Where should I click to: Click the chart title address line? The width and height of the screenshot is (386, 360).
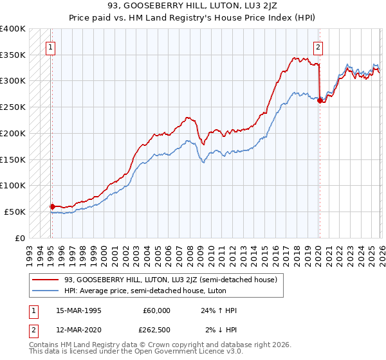(x=192, y=6)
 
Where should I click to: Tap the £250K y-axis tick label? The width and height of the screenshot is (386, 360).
(x=13, y=107)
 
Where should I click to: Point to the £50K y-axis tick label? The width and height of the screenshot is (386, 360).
(x=15, y=212)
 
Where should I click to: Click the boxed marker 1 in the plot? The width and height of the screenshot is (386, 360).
(x=51, y=46)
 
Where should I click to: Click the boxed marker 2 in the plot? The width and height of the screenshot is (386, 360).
(x=318, y=46)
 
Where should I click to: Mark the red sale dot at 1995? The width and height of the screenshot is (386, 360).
(x=52, y=206)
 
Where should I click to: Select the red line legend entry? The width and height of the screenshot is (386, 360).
(x=170, y=280)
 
